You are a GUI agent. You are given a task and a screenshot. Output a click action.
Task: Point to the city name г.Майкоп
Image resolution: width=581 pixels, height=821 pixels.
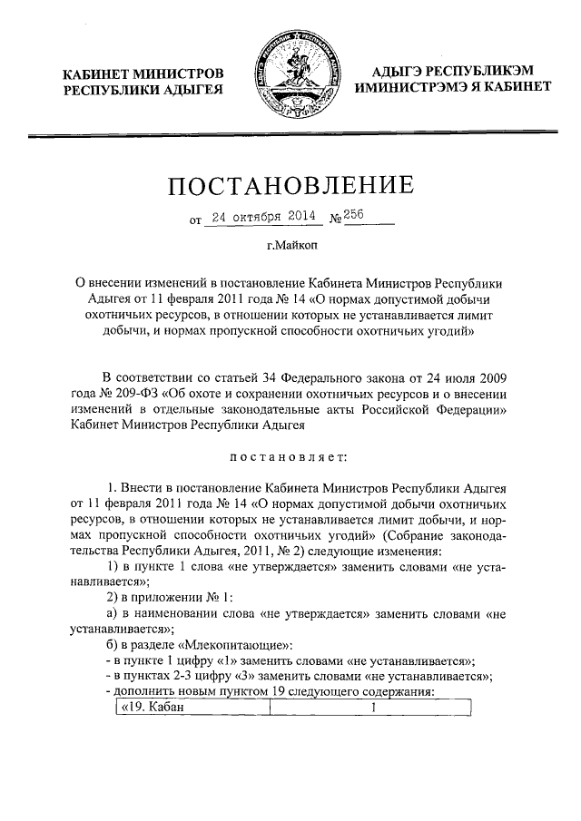[290, 246]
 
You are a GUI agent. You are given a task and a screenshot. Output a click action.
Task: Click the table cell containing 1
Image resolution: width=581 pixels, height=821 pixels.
[372, 709]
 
